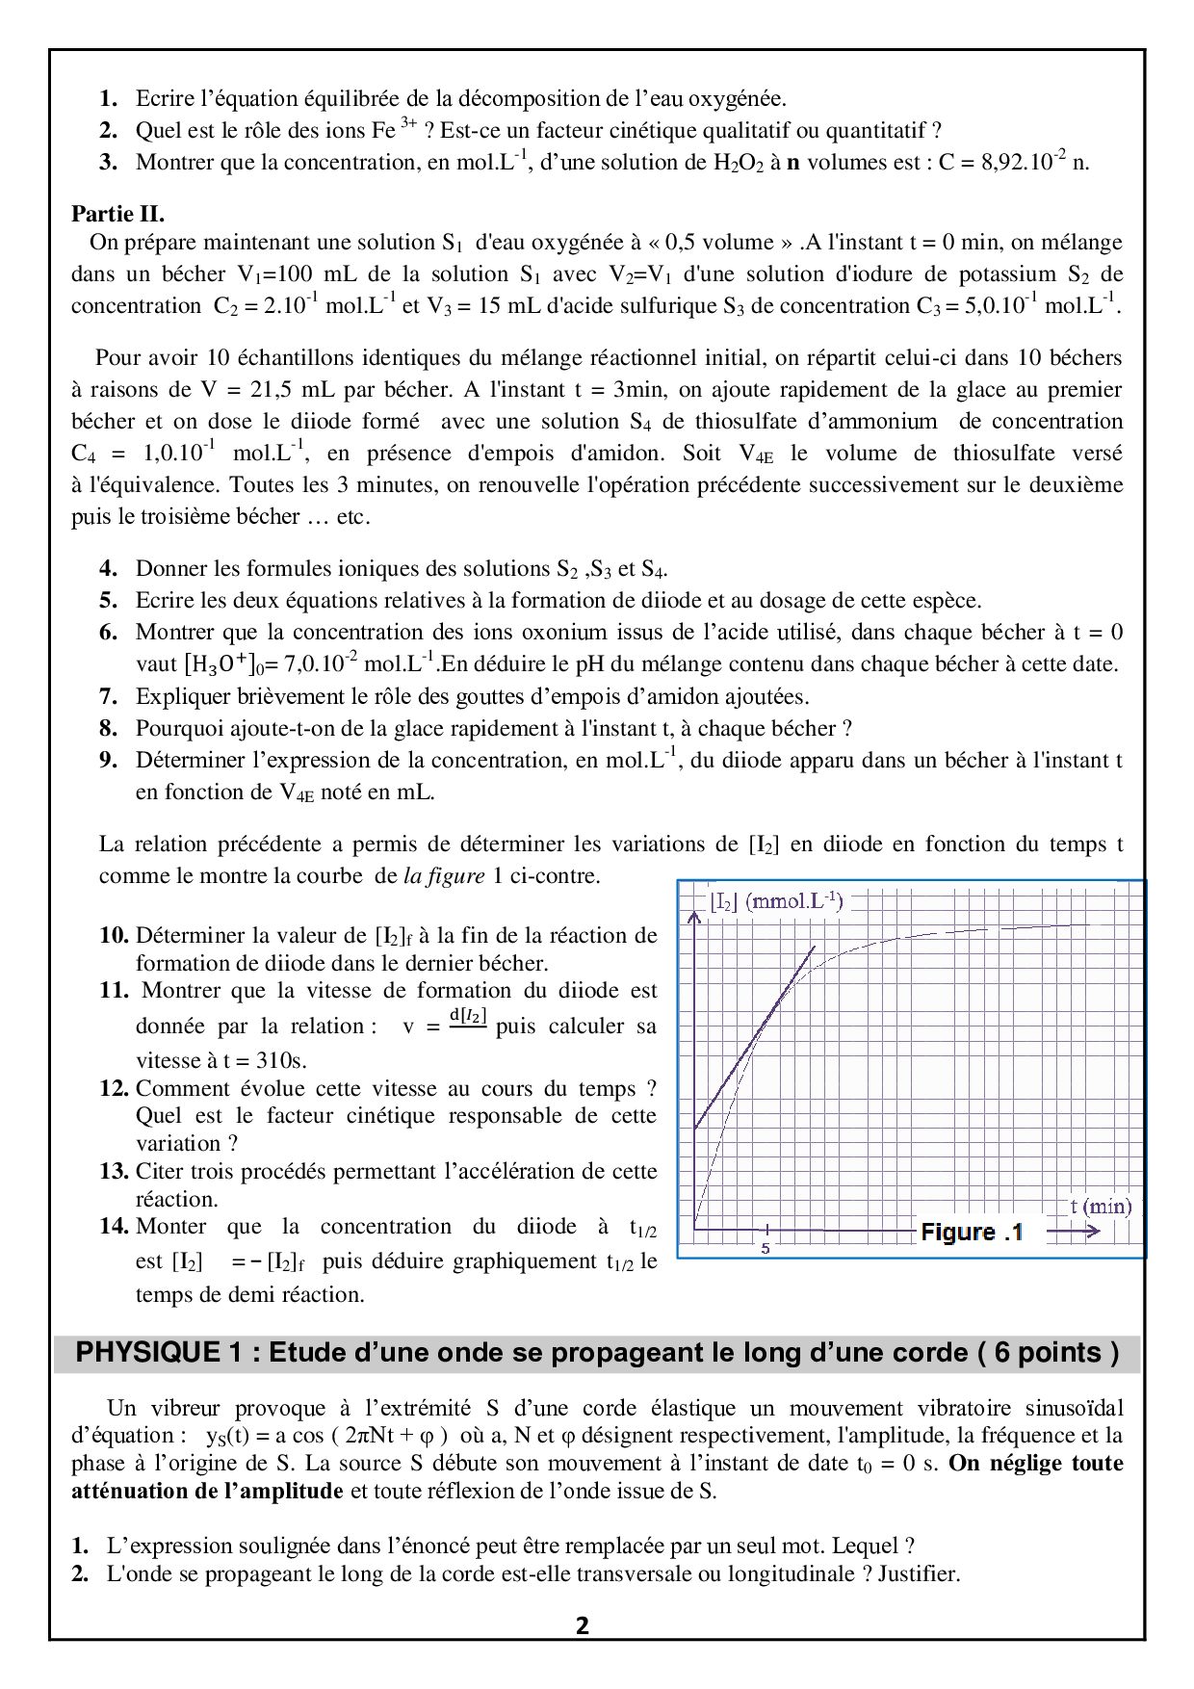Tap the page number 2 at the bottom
pos(583,1626)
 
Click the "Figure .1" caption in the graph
pos(972,1232)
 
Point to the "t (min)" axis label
pos(1101,1206)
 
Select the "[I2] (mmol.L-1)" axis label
pos(776,902)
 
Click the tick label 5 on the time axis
pos(766,1249)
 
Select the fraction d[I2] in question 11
pos(468,1018)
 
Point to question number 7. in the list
pos(108,696)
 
